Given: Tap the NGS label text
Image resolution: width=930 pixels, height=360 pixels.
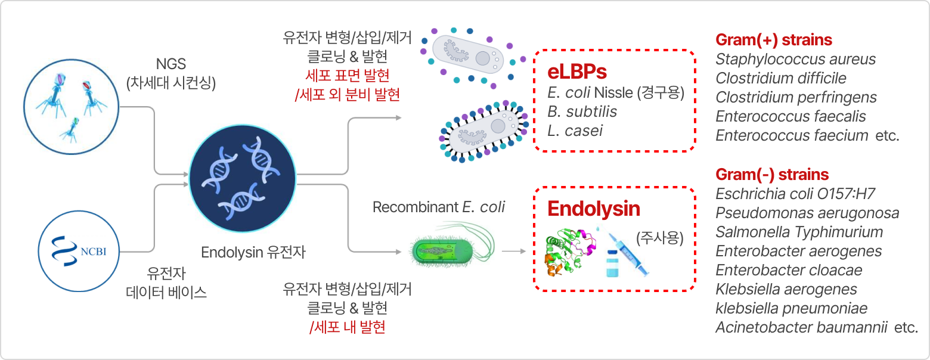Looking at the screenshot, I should tap(170, 63).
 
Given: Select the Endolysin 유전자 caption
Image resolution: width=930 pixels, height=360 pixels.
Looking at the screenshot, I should tap(253, 252).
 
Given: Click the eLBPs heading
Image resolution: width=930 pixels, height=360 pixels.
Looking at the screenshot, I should tap(576, 72).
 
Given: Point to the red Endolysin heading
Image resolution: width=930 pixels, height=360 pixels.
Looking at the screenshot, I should tap(594, 209).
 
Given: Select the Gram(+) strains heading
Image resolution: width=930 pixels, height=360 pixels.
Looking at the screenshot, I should tap(773, 40).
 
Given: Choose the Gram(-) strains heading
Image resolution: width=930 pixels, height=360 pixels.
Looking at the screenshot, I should tap(771, 175).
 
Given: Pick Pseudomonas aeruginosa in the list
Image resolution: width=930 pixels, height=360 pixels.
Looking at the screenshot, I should tap(807, 213).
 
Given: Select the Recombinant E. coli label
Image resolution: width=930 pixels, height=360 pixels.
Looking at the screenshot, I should tap(438, 207).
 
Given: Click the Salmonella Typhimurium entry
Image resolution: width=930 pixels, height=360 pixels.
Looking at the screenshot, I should tap(799, 232).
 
